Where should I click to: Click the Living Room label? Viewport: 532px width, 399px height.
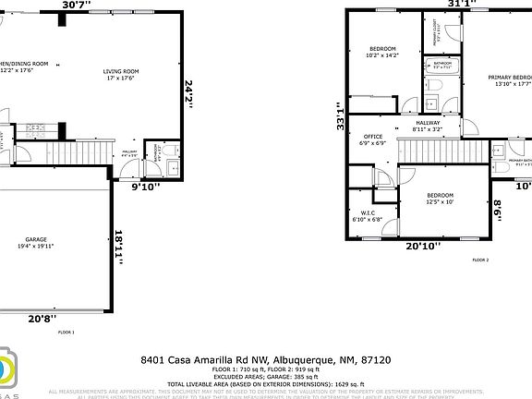pyautogui.click(x=120, y=74)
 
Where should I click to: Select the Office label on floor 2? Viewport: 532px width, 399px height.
pyautogui.click(x=372, y=139)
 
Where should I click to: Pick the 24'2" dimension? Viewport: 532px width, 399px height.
pyautogui.click(x=188, y=94)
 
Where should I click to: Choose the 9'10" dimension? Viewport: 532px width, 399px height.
pyautogui.click(x=144, y=187)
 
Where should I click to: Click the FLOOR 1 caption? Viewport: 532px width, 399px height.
pyautogui.click(x=66, y=332)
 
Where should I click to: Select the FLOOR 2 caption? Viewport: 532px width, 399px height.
pyautogui.click(x=480, y=260)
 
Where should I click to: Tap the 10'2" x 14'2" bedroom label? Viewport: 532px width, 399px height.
pyautogui.click(x=383, y=52)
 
